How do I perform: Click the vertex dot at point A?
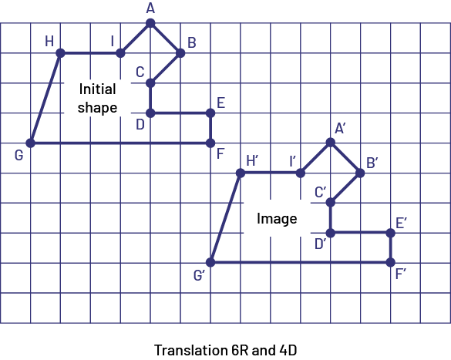[x=150, y=23]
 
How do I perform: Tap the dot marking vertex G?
[x=30, y=143]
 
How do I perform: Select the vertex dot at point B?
[x=180, y=53]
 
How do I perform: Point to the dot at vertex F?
[x=210, y=143]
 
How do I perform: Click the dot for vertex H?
[x=60, y=53]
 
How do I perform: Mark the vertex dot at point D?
[x=150, y=113]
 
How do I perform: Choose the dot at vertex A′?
[x=331, y=142]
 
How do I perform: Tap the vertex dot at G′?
[x=210, y=262]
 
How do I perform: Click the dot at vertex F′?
[x=391, y=262]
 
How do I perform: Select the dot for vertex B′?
[x=360, y=173]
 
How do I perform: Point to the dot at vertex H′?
[x=241, y=173]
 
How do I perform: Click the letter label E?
[x=220, y=103]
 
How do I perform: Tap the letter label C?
[x=140, y=72]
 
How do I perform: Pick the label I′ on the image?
[x=292, y=161]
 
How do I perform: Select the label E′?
[x=401, y=223]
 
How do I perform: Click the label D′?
[x=321, y=244]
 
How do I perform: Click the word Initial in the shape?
[x=97, y=89]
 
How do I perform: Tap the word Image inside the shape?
[x=277, y=219]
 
